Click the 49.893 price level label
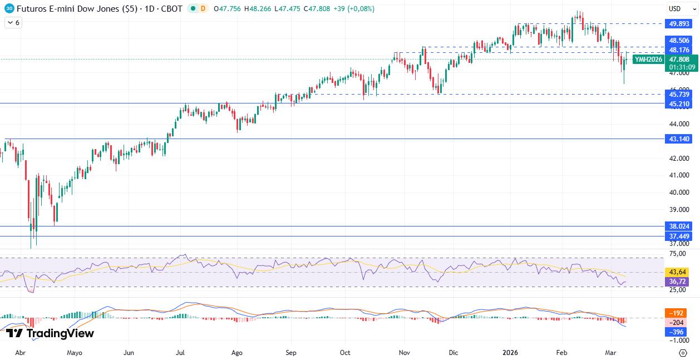click(x=679, y=23)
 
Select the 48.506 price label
click(x=679, y=41)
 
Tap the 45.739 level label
click(x=679, y=95)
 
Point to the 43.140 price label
click(x=679, y=139)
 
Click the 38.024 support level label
click(x=679, y=226)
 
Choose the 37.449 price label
click(x=679, y=236)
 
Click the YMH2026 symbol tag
click(x=649, y=60)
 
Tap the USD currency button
click(x=675, y=9)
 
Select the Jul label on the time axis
click(x=181, y=353)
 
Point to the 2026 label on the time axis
click(x=510, y=353)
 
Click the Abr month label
click(x=20, y=353)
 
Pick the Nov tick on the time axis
click(x=405, y=353)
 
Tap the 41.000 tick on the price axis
click(x=679, y=175)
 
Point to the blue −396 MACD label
click(x=677, y=332)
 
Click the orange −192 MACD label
click(x=677, y=313)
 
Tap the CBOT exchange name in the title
click(x=171, y=9)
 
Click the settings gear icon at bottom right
click(x=683, y=353)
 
